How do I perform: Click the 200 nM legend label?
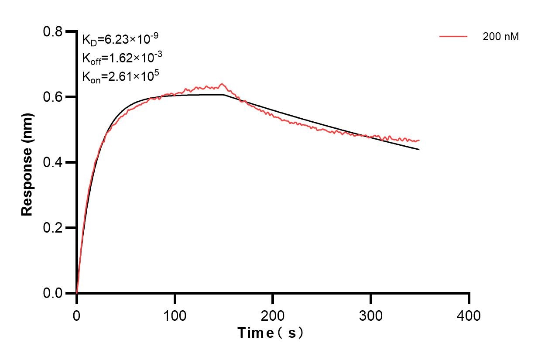click(x=500, y=37)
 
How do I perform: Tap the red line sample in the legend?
click(x=453, y=37)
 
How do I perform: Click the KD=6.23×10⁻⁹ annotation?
click(x=120, y=39)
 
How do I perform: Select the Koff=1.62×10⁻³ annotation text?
click(x=120, y=58)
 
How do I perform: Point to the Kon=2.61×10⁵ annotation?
click(x=120, y=76)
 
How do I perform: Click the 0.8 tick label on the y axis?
click(x=53, y=32)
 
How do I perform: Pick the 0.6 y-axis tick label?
click(x=53, y=97)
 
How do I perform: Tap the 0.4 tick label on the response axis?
click(x=53, y=162)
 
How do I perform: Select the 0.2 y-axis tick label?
click(x=53, y=228)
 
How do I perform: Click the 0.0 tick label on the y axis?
click(x=53, y=293)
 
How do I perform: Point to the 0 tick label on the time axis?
click(x=77, y=315)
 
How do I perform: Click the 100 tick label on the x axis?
click(x=175, y=315)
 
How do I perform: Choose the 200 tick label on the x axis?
click(x=273, y=315)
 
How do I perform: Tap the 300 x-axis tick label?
click(x=371, y=315)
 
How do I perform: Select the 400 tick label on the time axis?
click(x=469, y=315)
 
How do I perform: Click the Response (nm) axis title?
click(x=27, y=162)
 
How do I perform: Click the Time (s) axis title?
click(x=271, y=333)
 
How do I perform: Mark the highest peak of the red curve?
click(x=222, y=83)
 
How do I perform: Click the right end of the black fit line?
click(x=419, y=150)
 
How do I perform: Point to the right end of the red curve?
click(x=419, y=140)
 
